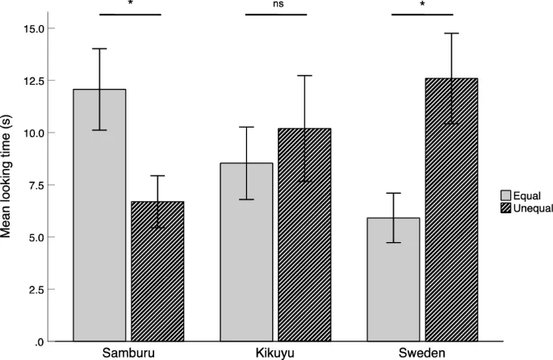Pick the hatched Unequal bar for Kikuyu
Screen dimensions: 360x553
[304, 235]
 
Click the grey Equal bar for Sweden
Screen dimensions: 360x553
[393, 279]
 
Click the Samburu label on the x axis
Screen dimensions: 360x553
[128, 354]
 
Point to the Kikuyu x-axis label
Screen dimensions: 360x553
[275, 354]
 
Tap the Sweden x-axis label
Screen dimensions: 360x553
[421, 354]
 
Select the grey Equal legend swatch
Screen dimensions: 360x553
[506, 195]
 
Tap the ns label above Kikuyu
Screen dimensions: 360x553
[278, 4]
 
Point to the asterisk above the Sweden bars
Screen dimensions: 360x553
[423, 5]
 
